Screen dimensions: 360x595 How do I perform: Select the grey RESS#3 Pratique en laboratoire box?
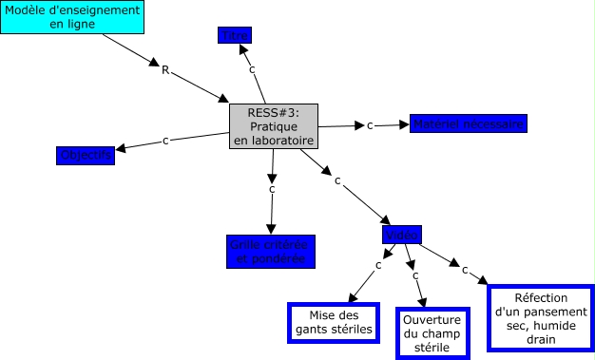click(x=274, y=126)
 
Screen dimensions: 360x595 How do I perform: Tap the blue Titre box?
click(x=235, y=36)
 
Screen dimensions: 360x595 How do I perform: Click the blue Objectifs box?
click(x=86, y=155)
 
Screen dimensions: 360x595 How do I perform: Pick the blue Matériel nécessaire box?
click(x=468, y=123)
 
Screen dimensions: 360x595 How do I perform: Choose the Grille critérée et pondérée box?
click(x=270, y=251)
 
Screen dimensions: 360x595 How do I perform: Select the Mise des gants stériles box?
click(x=334, y=322)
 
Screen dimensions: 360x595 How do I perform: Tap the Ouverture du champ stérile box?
click(x=433, y=333)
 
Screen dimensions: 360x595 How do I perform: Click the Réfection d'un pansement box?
click(x=540, y=318)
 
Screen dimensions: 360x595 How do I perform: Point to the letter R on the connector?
click(x=165, y=69)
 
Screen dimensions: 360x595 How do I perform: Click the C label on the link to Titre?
click(x=252, y=69)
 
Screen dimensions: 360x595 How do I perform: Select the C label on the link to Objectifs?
click(x=166, y=141)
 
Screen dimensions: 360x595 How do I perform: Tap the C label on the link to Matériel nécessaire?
click(x=370, y=125)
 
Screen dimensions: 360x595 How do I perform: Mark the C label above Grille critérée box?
click(x=272, y=189)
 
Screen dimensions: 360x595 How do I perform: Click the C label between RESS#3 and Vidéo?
click(x=337, y=180)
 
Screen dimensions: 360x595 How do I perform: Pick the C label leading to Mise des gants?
click(x=378, y=264)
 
